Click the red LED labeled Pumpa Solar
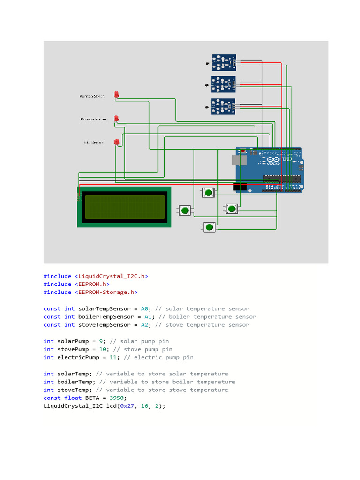117,95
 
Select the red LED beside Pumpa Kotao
117,119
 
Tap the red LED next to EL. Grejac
117,142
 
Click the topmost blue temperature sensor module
224,62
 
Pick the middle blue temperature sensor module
224,84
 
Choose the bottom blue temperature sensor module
224,107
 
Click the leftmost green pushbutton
185,210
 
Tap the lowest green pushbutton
209,227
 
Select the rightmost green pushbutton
232,209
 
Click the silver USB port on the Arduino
239,160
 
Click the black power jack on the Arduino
240,187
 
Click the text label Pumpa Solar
92,96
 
